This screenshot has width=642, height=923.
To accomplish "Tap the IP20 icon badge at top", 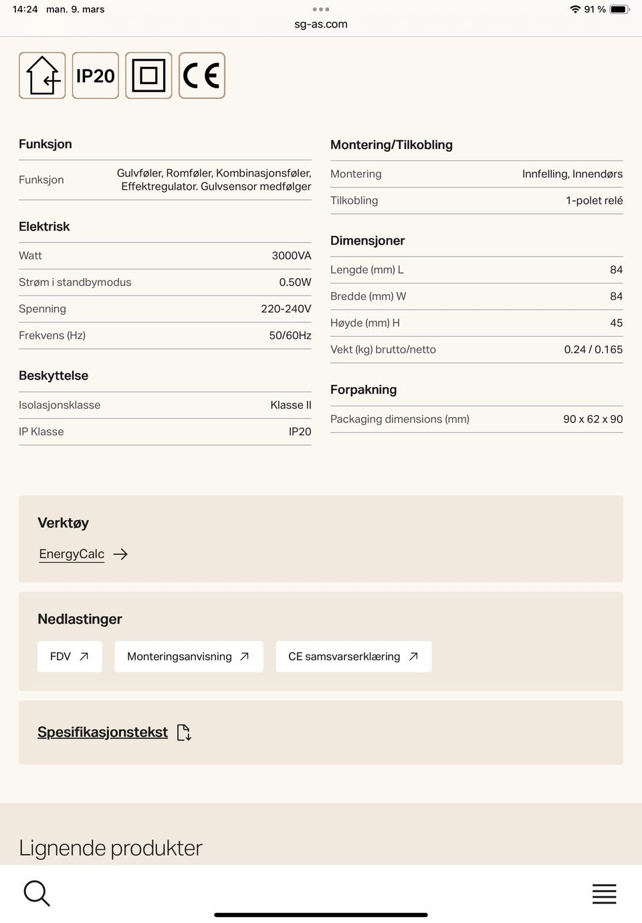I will pyautogui.click(x=96, y=76).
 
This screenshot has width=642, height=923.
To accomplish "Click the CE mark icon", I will pyautogui.click(x=202, y=76).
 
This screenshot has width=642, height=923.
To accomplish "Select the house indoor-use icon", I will pyautogui.click(x=42, y=76).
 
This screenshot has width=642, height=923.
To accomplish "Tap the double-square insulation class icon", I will pyautogui.click(x=148, y=76).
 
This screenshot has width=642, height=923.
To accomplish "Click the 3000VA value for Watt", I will pyautogui.click(x=291, y=255).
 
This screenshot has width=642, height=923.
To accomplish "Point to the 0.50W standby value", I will pyautogui.click(x=295, y=282).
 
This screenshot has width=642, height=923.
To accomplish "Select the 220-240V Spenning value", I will pyautogui.click(x=286, y=309).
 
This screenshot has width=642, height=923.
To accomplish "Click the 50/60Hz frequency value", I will pyautogui.click(x=290, y=336).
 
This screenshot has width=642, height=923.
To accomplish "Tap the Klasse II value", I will pyautogui.click(x=290, y=405).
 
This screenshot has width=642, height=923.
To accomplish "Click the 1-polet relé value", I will pyautogui.click(x=594, y=201).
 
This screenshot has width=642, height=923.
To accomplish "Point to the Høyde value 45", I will pyautogui.click(x=616, y=323).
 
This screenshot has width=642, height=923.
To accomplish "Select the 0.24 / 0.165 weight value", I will pyautogui.click(x=593, y=350).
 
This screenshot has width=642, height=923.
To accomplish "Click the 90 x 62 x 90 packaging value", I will pyautogui.click(x=593, y=419).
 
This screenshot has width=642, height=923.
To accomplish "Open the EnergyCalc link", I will pyautogui.click(x=72, y=554).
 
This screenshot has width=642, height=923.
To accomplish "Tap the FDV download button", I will pyautogui.click(x=70, y=656).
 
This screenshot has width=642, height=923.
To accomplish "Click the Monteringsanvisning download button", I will pyautogui.click(x=189, y=656).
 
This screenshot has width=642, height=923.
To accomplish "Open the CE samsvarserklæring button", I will pyautogui.click(x=353, y=656).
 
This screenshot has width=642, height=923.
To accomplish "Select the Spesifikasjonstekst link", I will pyautogui.click(x=103, y=732).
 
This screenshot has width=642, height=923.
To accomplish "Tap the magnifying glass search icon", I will pyautogui.click(x=37, y=893).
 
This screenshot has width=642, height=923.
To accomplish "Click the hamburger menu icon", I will pyautogui.click(x=604, y=894).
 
